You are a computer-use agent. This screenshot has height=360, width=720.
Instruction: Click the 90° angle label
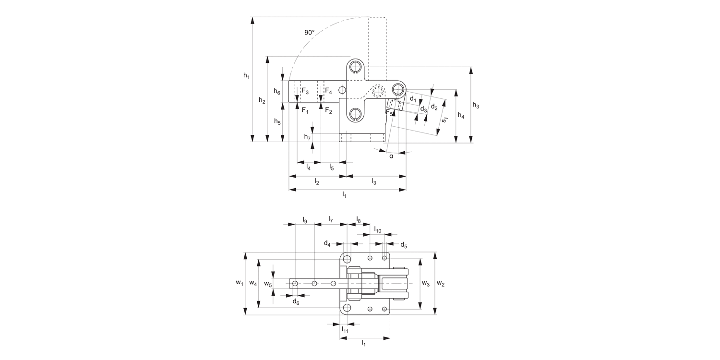click(x=309, y=33)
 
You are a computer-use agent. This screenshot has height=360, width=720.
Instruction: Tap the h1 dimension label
click(x=246, y=75)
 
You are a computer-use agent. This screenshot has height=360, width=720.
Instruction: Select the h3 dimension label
click(x=476, y=106)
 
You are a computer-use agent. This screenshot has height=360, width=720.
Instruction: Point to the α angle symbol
click(x=391, y=156)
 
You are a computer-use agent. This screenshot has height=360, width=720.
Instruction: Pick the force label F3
click(x=305, y=91)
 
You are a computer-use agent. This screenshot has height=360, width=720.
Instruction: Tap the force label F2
click(x=328, y=111)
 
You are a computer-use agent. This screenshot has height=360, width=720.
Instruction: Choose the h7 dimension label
click(x=307, y=137)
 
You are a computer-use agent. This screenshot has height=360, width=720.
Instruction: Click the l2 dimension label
click(x=317, y=181)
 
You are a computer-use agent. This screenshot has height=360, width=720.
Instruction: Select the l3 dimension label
click(x=374, y=181)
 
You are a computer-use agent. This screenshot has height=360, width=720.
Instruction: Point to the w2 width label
click(x=441, y=284)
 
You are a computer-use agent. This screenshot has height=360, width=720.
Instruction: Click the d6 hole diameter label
click(x=296, y=301)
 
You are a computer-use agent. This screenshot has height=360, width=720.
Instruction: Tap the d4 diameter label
click(x=327, y=244)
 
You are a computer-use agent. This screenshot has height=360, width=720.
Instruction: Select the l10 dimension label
click(x=378, y=230)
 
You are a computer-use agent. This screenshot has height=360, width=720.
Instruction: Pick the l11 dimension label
click(x=345, y=330)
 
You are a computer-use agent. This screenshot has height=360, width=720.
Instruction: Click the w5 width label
click(x=268, y=284)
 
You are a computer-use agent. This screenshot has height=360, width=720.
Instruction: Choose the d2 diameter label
click(x=434, y=107)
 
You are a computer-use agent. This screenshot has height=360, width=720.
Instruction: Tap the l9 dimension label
click(x=305, y=219)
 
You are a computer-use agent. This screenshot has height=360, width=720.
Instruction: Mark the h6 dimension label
click(x=277, y=91)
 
